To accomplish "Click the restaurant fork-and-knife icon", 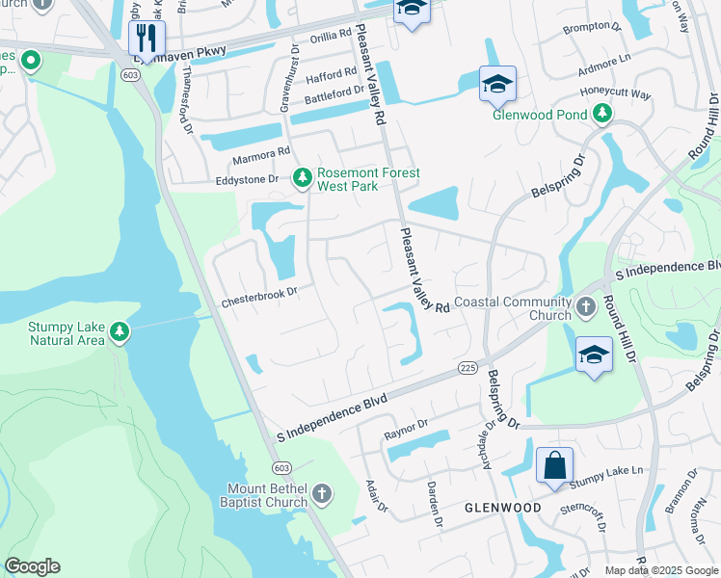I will click(x=147, y=38).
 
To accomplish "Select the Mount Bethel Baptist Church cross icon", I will click(x=322, y=496).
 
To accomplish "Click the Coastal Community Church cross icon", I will click(x=586, y=308).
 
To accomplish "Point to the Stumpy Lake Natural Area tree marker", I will click(x=119, y=333).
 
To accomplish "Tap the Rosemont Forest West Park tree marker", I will click(x=303, y=176).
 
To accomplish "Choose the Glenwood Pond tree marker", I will click(x=602, y=114).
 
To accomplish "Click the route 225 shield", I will click(x=467, y=367).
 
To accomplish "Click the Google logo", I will click(x=32, y=566).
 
